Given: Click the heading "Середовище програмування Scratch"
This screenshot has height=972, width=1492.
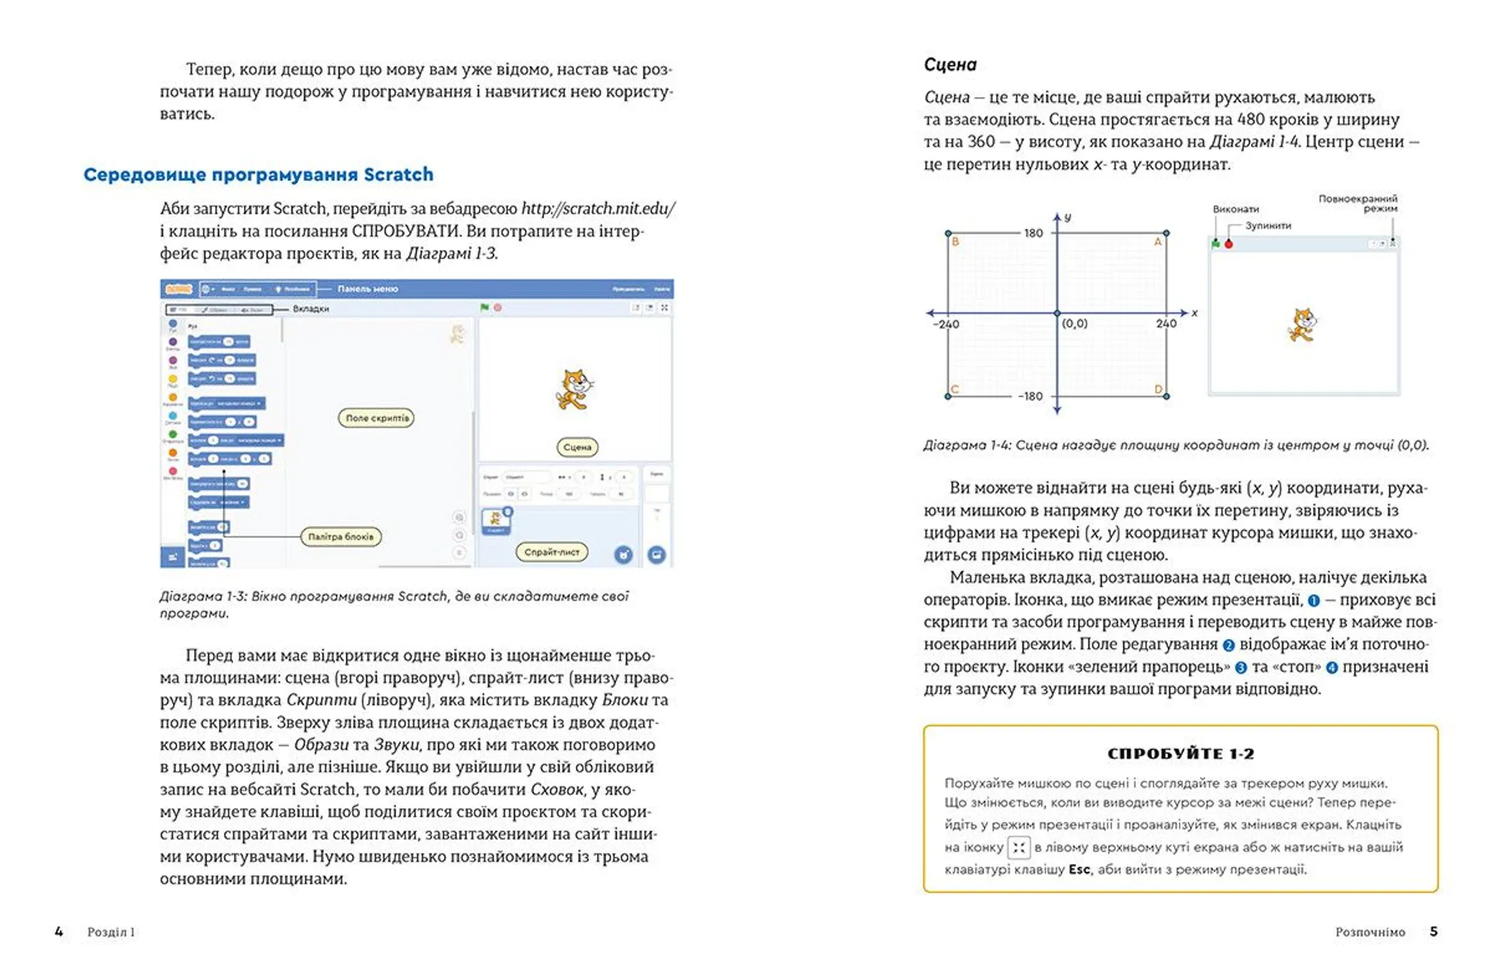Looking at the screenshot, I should coord(258,175).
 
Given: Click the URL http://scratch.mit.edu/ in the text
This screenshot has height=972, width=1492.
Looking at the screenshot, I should coord(598,208).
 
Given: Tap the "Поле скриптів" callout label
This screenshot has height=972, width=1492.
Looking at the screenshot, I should coord(377,418).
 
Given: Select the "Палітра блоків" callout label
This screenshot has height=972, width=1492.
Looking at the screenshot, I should coord(340,536).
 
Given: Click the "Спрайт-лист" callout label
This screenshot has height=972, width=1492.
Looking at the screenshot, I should coord(552,552).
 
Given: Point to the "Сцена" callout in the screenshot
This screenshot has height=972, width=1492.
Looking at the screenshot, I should coord(577,447).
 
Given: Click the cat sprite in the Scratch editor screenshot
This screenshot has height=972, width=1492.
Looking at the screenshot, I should coord(573,389).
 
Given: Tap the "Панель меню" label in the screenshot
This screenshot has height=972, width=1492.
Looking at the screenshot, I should coord(368,289).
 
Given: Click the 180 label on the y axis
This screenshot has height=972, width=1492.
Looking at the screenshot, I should coord(1033,232).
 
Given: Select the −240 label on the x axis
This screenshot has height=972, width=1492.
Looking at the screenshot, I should coord(946,324).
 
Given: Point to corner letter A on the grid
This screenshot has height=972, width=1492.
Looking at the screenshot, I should coord(1157,242).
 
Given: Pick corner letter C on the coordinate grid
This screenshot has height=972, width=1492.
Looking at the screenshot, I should coord(955,389).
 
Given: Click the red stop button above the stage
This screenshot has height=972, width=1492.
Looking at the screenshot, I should coord(1229,244).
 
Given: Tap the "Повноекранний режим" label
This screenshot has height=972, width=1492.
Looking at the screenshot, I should coord(1358,204).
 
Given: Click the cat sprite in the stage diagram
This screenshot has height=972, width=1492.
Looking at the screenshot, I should coord(1303,325).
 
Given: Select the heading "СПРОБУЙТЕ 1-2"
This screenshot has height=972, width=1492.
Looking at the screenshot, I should coord(1180,754).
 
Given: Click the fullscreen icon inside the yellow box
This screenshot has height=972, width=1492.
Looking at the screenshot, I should coord(1019,847).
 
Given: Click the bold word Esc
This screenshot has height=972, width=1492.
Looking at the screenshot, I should coord(1079,869).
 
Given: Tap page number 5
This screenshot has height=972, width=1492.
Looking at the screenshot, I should coord(1434,932).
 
